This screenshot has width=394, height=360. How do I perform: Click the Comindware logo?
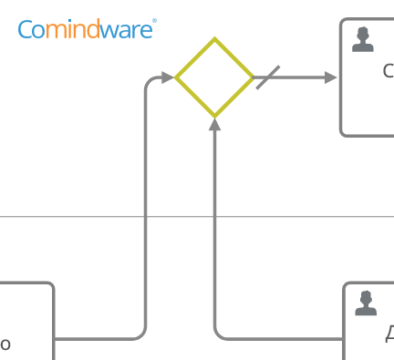(x=87, y=30)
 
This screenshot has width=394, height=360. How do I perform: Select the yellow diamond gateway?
(x=214, y=77)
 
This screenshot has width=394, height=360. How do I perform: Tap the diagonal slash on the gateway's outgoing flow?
(x=267, y=77)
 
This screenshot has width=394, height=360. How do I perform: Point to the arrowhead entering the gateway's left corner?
(x=168, y=77)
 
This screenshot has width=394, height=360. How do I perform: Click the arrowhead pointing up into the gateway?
(x=214, y=126)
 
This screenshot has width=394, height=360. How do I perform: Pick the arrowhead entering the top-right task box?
(x=331, y=77)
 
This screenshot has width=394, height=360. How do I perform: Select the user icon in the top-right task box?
(x=363, y=39)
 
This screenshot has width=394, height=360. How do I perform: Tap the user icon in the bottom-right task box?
(x=366, y=303)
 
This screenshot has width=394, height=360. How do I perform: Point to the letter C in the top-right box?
(x=389, y=72)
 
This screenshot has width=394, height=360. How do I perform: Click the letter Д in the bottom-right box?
(x=389, y=335)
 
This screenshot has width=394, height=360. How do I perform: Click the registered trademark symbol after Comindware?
(x=154, y=22)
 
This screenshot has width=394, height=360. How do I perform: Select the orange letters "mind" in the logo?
(x=79, y=30)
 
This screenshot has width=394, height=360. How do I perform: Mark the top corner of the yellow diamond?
(x=214, y=40)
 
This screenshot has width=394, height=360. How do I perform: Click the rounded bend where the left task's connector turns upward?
(x=140, y=334)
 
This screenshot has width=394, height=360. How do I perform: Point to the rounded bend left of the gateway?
(x=150, y=82)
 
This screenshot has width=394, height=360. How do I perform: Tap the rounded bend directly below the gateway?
(x=219, y=334)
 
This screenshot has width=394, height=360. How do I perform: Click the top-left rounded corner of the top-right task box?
(x=345, y=23)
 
